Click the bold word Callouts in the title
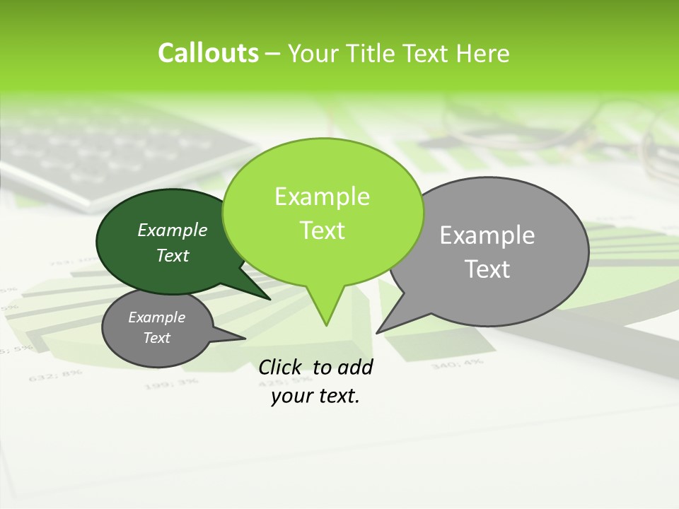[208, 53]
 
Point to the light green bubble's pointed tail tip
[326, 325]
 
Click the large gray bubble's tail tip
[377, 332]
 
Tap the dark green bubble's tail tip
[269, 299]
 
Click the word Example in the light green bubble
[322, 197]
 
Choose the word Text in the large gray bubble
[487, 269]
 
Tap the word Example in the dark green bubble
[173, 230]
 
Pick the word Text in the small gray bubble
[157, 338]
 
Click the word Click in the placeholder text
[279, 367]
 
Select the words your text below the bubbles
[315, 396]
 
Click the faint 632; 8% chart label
[50, 376]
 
